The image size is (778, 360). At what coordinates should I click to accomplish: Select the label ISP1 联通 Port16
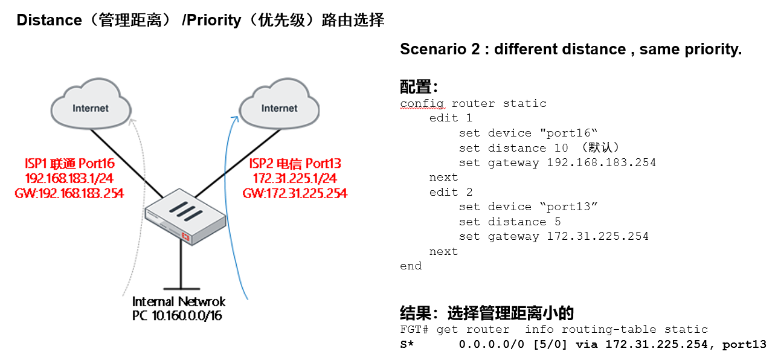point(69,163)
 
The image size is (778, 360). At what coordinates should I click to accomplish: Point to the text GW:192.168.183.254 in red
point(69,193)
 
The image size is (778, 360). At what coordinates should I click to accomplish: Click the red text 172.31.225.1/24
point(295,178)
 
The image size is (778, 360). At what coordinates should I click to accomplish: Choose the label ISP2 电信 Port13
point(295,163)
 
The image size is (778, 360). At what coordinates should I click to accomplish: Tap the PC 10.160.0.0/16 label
point(177,316)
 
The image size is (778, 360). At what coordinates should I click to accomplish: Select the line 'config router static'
point(473,103)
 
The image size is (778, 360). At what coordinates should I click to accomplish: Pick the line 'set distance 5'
point(510,222)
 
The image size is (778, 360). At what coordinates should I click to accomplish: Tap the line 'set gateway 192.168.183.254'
point(557,162)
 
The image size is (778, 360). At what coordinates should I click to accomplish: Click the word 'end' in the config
point(411,266)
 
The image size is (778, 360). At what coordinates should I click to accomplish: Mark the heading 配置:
point(419,87)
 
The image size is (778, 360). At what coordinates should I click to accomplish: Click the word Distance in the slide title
point(49,20)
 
